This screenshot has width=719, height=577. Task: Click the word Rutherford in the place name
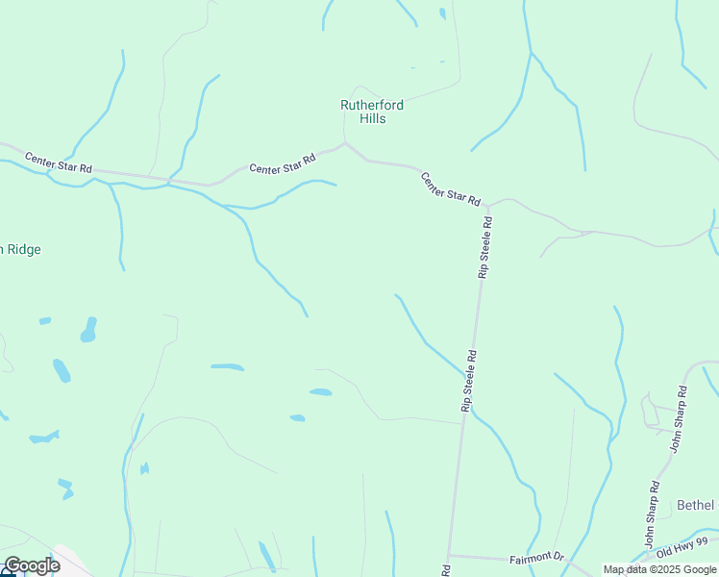pos(372,105)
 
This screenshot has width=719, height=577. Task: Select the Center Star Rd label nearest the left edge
pos(59,163)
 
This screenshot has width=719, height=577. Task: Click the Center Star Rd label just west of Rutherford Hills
pos(283,164)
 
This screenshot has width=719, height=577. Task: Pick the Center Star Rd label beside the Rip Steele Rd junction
pos(450,188)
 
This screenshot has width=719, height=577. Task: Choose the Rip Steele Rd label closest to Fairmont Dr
pos(469,381)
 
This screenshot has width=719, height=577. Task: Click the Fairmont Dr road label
pos(536,557)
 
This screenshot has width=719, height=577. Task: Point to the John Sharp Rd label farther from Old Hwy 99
pos(680,418)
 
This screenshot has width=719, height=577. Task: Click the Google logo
pos(32,564)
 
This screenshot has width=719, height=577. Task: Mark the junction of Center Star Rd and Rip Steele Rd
pos(488,206)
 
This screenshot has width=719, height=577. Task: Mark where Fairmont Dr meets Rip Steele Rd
pos(449,555)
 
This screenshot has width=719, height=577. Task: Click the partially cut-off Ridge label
pos(21,249)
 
